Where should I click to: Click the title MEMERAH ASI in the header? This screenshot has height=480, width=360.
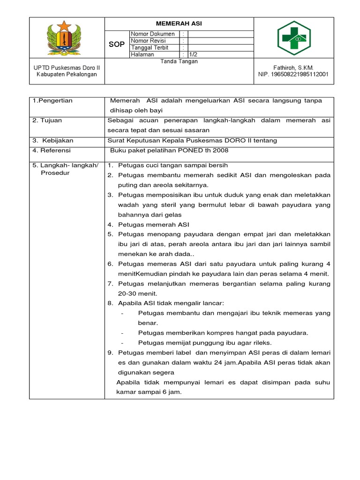click(179, 23)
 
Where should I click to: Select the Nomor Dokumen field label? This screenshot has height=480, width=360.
click(153, 34)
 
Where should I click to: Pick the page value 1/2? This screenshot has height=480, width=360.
click(194, 54)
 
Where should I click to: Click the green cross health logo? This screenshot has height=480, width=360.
click(293, 38)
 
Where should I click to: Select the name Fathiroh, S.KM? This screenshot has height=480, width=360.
click(293, 67)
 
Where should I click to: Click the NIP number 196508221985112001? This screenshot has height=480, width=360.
click(293, 75)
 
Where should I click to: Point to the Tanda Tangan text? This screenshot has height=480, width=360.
click(179, 61)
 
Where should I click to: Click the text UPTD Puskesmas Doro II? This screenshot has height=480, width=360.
click(66, 67)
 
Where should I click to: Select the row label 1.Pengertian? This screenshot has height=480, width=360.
click(52, 101)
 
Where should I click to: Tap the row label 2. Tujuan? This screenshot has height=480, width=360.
click(47, 120)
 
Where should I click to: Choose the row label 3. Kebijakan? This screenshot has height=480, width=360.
click(53, 141)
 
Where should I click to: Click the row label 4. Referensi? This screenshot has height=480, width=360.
click(52, 150)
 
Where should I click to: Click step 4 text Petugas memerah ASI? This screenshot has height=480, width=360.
click(153, 225)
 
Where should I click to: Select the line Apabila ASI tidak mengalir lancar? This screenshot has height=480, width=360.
click(171, 303)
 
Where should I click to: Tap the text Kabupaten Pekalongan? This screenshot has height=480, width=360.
click(66, 75)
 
